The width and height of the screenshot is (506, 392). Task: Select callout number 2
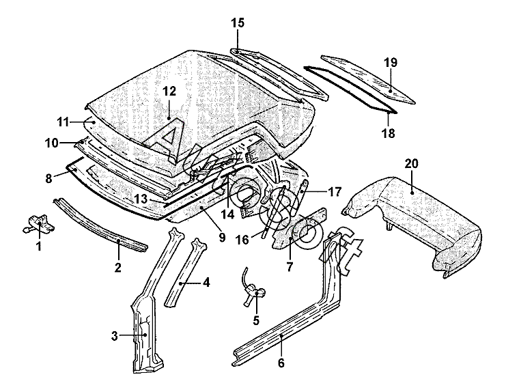pos(117,267)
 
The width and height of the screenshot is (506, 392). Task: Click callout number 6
pos(281,363)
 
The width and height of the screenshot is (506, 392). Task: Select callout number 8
pos(48,178)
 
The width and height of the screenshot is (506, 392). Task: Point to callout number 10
pos(52,143)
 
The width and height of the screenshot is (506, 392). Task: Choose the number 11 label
pos(63,122)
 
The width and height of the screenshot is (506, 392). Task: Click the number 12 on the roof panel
pos(169,91)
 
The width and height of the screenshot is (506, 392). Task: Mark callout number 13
pos(141,199)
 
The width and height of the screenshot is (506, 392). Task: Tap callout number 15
pos(237,23)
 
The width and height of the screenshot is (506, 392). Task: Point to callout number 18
pos(388,134)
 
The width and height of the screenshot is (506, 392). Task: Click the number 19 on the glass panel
pos(390,64)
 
